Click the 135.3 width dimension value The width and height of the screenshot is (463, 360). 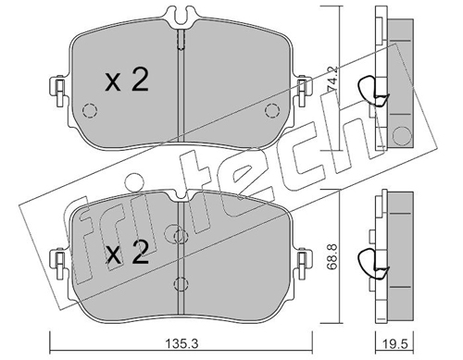tap(181, 343)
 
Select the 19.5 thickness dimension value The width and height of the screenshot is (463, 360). tap(394, 343)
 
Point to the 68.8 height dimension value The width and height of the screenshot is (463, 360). tap(332, 257)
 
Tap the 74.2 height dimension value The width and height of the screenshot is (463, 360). tap(332, 79)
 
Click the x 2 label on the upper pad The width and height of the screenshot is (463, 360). tap(127, 81)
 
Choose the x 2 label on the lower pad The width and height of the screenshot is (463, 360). tap(127, 253)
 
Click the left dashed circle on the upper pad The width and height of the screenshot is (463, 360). tap(90, 110)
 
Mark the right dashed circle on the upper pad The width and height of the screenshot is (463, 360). tap(272, 110)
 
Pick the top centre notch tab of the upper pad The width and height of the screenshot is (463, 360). tap(181, 16)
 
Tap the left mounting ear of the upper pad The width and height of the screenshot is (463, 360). tap(57, 92)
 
